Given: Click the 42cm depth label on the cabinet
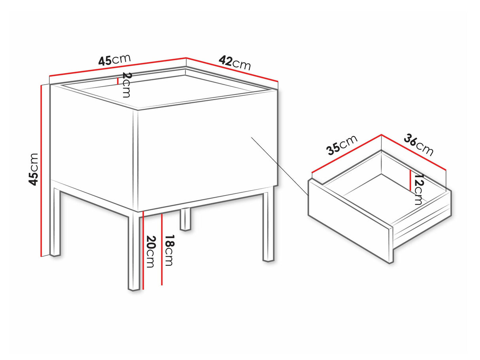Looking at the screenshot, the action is (x=234, y=63).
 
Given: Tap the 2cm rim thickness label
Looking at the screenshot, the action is (x=127, y=85).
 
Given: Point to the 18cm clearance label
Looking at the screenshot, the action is (x=170, y=250).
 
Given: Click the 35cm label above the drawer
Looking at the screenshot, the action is (x=341, y=145).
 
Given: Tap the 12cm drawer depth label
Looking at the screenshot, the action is (x=419, y=189).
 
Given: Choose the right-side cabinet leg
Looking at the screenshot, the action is (x=268, y=227).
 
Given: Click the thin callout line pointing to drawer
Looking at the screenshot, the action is (x=280, y=166).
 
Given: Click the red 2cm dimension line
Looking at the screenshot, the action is (x=118, y=81).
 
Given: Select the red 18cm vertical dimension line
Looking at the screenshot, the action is (x=162, y=250).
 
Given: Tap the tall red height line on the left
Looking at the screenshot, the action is (x=41, y=171).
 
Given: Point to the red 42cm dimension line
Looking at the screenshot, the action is (x=232, y=70).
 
